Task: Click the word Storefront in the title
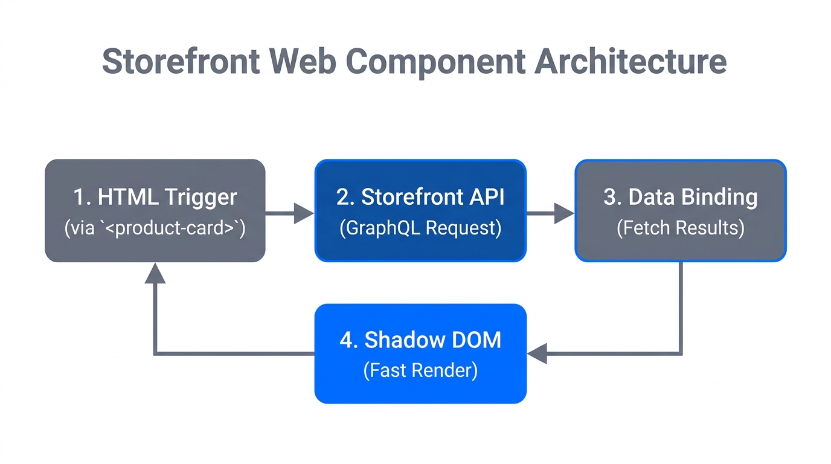tap(181, 62)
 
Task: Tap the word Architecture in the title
tap(630, 62)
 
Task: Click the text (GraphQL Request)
tap(420, 228)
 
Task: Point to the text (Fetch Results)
tap(681, 228)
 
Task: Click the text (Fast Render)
tap(420, 370)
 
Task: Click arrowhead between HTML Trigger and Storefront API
tap(304, 213)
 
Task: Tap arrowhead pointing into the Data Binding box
tap(564, 213)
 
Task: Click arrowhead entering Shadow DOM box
tap(537, 353)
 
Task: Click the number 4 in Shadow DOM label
tap(345, 340)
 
